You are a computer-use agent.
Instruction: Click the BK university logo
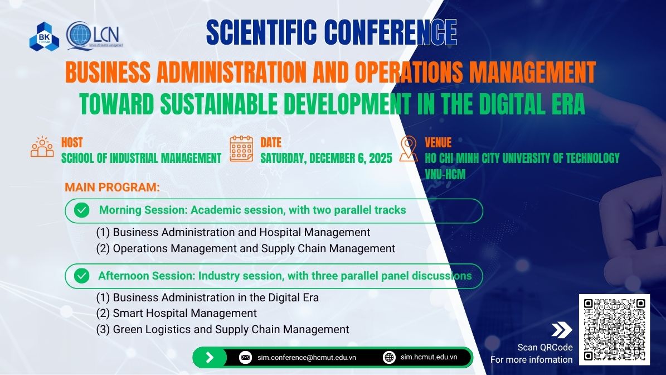point(44,37)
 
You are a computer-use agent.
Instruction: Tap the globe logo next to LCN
point(79,35)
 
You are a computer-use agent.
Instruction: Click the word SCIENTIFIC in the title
point(261,32)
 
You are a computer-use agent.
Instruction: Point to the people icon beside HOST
point(42,147)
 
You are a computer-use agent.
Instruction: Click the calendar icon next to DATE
point(241,149)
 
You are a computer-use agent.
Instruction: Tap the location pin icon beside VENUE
point(409,148)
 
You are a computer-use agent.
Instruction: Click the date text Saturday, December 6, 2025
point(326,158)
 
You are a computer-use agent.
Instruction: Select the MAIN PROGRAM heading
point(112,187)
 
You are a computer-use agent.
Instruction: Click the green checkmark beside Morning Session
point(81,210)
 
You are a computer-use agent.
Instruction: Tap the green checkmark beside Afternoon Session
point(81,276)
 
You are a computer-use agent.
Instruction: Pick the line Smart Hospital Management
point(176,314)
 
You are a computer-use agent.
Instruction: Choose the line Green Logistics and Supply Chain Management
point(222,329)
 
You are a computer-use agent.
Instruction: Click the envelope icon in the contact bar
point(246,357)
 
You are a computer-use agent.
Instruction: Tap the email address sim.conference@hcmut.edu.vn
point(307,358)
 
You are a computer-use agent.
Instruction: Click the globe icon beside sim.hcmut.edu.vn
point(389,357)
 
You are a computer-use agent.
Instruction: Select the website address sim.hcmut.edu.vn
point(429,357)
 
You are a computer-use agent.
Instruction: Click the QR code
point(614,329)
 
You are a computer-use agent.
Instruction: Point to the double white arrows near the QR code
point(562,330)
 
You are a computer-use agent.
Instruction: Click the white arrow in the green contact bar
point(210,357)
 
